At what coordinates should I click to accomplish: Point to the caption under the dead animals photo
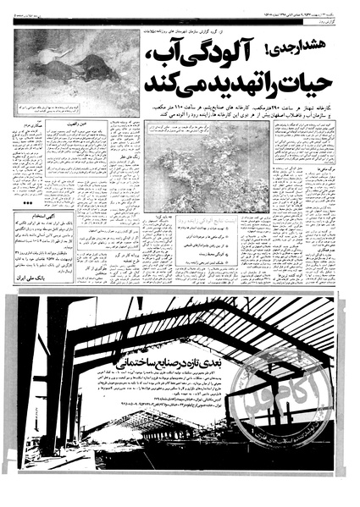(x=75, y=110)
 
